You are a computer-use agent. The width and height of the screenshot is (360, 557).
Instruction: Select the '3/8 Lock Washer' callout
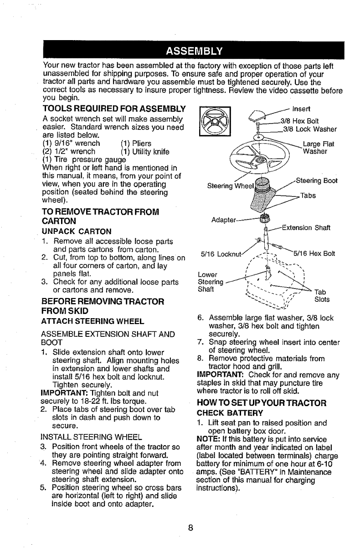click(x=309, y=129)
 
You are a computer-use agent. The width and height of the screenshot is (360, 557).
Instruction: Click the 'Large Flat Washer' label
click(x=319, y=148)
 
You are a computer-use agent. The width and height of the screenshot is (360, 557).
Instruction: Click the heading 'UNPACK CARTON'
click(x=74, y=231)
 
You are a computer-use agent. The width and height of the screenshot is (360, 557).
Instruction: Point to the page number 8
click(x=191, y=529)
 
